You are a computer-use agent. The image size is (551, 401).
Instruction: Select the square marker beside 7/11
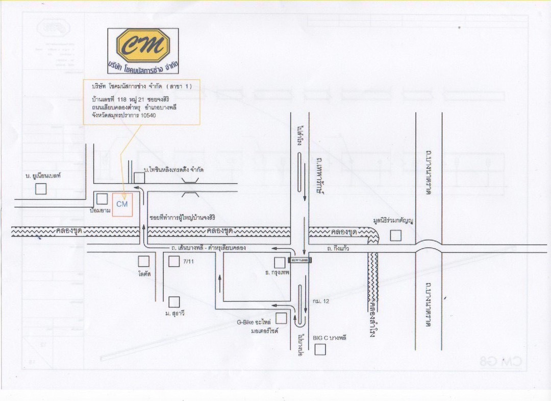(x=174, y=262)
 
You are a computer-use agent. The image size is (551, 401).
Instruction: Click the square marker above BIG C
(x=320, y=350)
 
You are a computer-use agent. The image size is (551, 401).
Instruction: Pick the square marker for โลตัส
(x=144, y=262)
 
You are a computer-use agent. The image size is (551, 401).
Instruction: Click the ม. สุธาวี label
(x=175, y=313)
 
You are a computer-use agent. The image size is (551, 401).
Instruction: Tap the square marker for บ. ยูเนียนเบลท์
(x=41, y=188)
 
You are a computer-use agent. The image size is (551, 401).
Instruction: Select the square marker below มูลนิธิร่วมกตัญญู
(x=395, y=235)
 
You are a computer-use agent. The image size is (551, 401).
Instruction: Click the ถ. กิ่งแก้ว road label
(x=339, y=249)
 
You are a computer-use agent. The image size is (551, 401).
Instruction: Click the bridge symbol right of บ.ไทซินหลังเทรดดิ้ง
(x=190, y=194)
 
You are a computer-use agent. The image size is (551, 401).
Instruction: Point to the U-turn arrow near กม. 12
(x=299, y=320)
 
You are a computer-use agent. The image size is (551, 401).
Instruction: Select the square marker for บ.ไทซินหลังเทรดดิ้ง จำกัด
(x=139, y=177)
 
